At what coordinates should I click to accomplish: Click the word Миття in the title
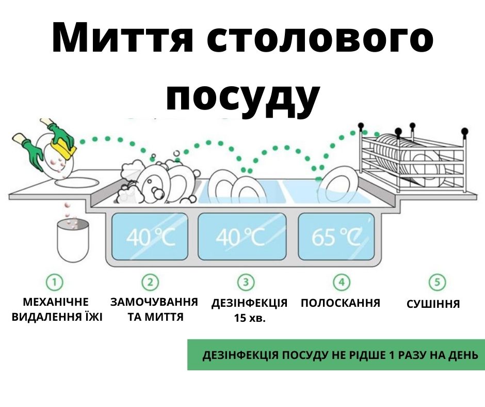click(122, 38)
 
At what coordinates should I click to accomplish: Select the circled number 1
click(55, 282)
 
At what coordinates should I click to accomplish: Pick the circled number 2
click(150, 282)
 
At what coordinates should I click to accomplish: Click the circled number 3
click(246, 282)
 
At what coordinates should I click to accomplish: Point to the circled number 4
click(342, 282)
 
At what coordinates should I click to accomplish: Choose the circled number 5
click(437, 282)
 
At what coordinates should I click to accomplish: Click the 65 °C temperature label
click(336, 237)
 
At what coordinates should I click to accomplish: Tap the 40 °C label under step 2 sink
click(151, 237)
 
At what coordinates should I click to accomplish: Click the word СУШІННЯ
click(433, 304)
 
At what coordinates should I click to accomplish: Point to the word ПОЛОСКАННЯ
click(340, 303)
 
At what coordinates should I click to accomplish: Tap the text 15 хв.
click(250, 318)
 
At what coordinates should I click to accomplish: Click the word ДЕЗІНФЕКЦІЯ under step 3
click(249, 303)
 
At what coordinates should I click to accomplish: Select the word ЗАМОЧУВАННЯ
click(154, 302)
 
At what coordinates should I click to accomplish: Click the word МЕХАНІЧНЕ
click(56, 302)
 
